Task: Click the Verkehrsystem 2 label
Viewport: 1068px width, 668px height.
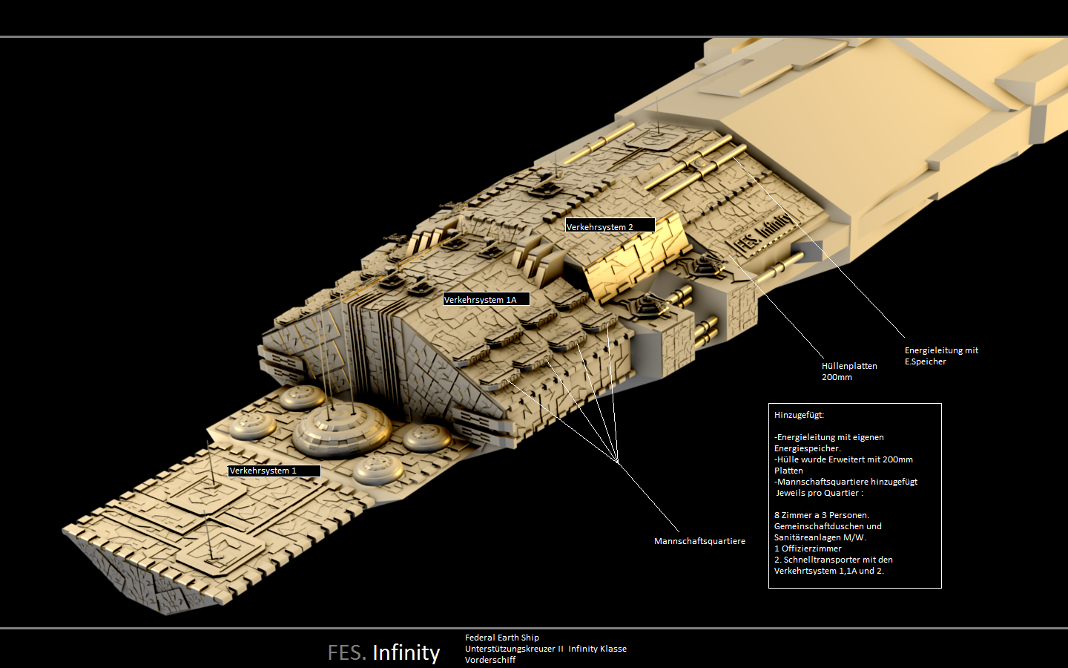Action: [x=609, y=226]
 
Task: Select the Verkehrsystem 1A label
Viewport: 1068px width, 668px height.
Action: [x=486, y=299]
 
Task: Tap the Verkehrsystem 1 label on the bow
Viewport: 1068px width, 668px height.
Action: [x=273, y=471]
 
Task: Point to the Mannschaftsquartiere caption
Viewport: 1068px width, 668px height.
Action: [x=699, y=541]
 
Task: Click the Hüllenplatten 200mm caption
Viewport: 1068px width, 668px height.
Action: [x=848, y=371]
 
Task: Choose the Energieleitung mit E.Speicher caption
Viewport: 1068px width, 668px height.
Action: [x=940, y=356]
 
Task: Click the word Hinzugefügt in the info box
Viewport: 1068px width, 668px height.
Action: [x=799, y=415]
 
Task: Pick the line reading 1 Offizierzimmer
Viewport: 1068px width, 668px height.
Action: [x=808, y=549]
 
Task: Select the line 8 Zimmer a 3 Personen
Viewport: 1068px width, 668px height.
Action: [x=821, y=515]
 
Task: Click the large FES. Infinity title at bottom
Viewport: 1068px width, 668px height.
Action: [x=383, y=652]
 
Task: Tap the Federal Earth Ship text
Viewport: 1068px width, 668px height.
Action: [x=501, y=638]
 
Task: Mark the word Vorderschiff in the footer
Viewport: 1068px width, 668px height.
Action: [x=489, y=660]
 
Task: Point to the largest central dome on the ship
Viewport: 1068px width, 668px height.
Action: [x=341, y=427]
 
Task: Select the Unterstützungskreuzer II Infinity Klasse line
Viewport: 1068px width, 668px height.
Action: [x=545, y=649]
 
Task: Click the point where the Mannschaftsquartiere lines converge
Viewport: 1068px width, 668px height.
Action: [x=618, y=462]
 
